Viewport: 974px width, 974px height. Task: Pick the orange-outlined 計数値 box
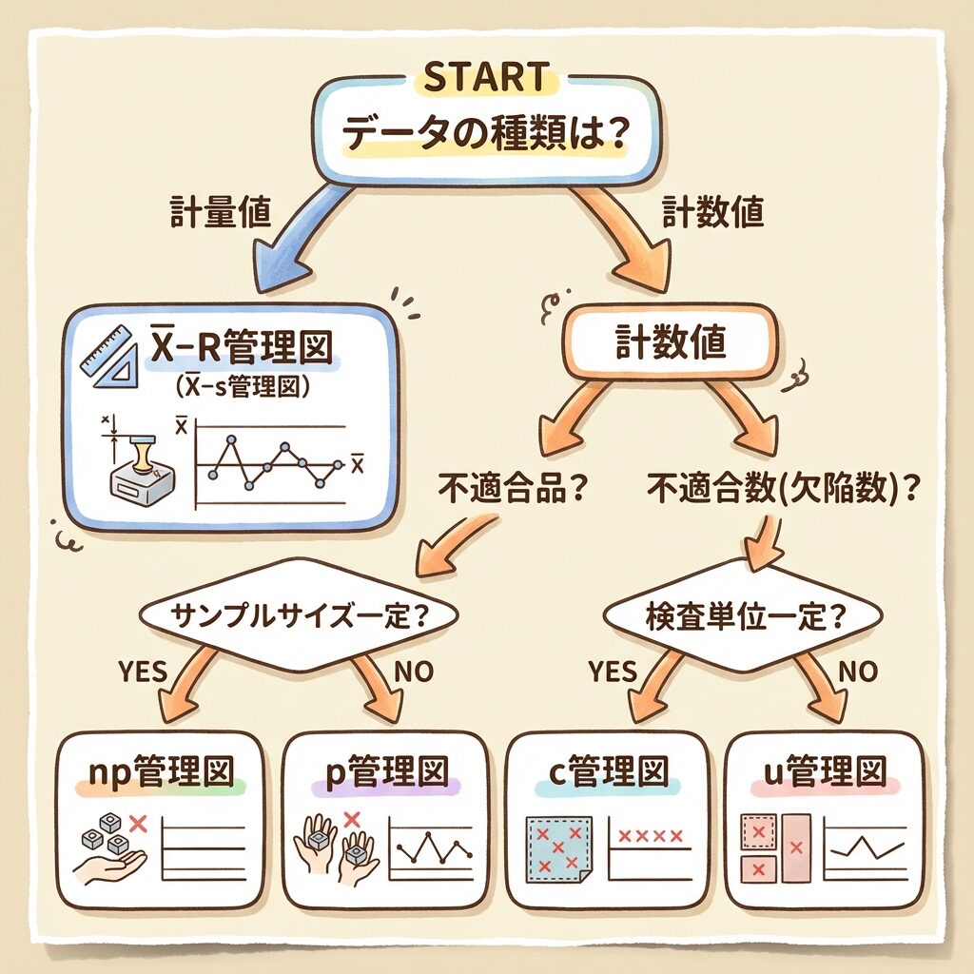671,342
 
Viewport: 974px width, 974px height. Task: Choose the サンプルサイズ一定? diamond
298,612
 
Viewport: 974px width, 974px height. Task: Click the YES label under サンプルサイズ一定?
143,671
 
